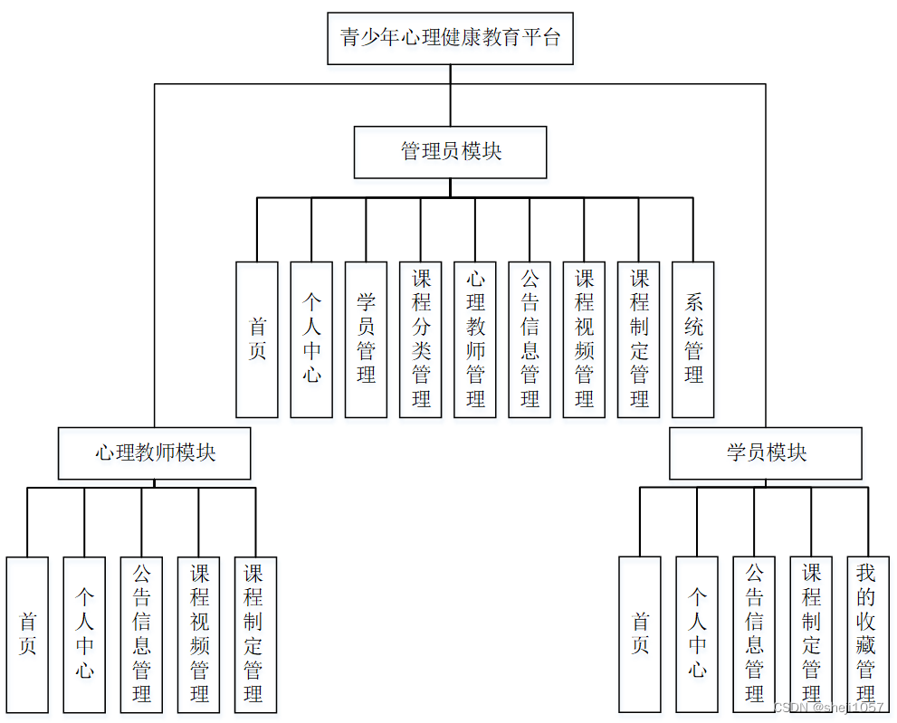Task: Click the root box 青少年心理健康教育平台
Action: pos(450,38)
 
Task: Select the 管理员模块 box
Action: pos(450,152)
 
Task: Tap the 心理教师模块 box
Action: pos(155,453)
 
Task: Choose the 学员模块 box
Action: pos(766,453)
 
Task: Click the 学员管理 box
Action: pos(366,339)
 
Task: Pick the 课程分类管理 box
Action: pos(421,339)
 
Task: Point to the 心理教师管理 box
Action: pos(475,339)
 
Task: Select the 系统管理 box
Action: pos(693,339)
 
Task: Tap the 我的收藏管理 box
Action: pos(867,633)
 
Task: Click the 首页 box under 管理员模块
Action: pos(257,339)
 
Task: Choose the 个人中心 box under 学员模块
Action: pos(697,633)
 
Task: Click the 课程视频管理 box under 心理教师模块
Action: pos(199,633)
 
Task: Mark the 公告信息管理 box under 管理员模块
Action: pos(530,339)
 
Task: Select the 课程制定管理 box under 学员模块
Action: pos(811,633)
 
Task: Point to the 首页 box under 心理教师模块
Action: pos(27,633)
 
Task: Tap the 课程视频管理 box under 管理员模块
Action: pos(584,339)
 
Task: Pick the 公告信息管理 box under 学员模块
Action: pos(754,633)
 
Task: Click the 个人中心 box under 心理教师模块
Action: pos(84,633)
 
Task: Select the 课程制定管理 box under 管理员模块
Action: pos(639,339)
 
